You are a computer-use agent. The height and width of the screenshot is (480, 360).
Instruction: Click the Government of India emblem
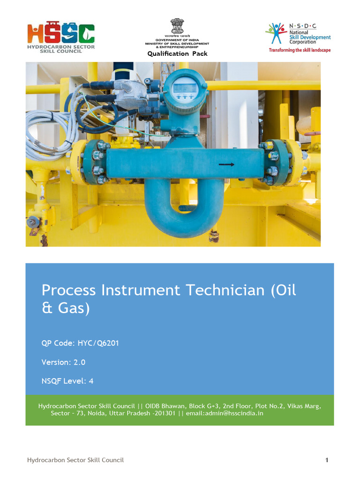coord(177,25)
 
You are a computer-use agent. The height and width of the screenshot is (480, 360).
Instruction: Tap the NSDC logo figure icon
coord(276,33)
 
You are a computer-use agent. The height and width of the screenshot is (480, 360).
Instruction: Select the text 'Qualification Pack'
coord(177,53)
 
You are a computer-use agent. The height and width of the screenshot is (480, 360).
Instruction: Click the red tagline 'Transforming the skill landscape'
coord(299,50)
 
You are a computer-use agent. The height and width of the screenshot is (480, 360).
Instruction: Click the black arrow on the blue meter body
coord(226,165)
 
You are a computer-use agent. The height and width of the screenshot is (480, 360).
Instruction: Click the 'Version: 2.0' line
coord(63,362)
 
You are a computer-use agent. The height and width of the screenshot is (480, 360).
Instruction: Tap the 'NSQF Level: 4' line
coord(67,381)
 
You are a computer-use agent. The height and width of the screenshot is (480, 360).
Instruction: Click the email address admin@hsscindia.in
coord(225,413)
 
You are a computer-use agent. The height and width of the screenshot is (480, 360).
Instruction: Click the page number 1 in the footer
coord(327,460)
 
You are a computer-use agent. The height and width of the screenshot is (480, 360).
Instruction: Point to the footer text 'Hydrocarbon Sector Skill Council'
coord(75,460)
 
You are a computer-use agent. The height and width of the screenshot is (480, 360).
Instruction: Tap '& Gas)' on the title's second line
coord(65,309)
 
